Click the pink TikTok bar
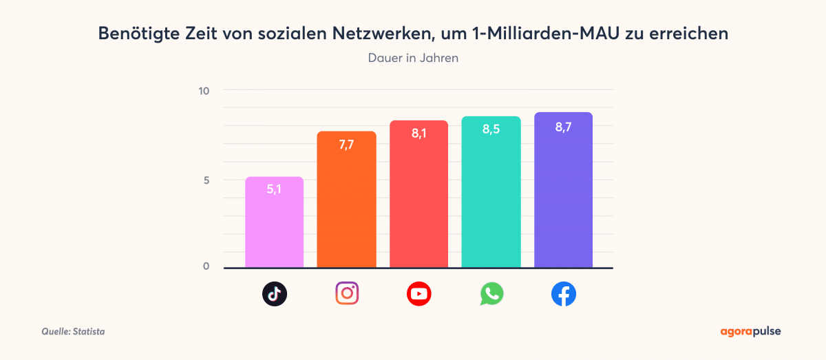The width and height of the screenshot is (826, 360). click(274, 227)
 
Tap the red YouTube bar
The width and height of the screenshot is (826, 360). click(419, 200)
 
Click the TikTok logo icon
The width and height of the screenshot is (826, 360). click(274, 295)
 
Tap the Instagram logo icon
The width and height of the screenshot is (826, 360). click(347, 294)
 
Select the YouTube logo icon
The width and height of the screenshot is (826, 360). click(419, 295)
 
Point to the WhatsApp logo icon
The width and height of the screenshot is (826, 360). click(491, 295)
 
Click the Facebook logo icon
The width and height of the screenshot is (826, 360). click(564, 295)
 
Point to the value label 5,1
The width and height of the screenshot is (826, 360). click(274, 189)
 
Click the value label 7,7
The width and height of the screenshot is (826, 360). click(346, 144)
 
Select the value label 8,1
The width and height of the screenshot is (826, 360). click(419, 134)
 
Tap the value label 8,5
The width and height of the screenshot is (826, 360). click(491, 129)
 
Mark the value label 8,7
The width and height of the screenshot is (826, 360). click(563, 126)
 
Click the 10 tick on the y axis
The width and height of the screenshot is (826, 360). click(205, 91)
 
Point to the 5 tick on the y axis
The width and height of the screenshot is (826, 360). click(206, 180)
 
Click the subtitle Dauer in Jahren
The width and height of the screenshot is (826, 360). click(413, 58)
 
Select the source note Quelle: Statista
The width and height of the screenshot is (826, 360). click(73, 332)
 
